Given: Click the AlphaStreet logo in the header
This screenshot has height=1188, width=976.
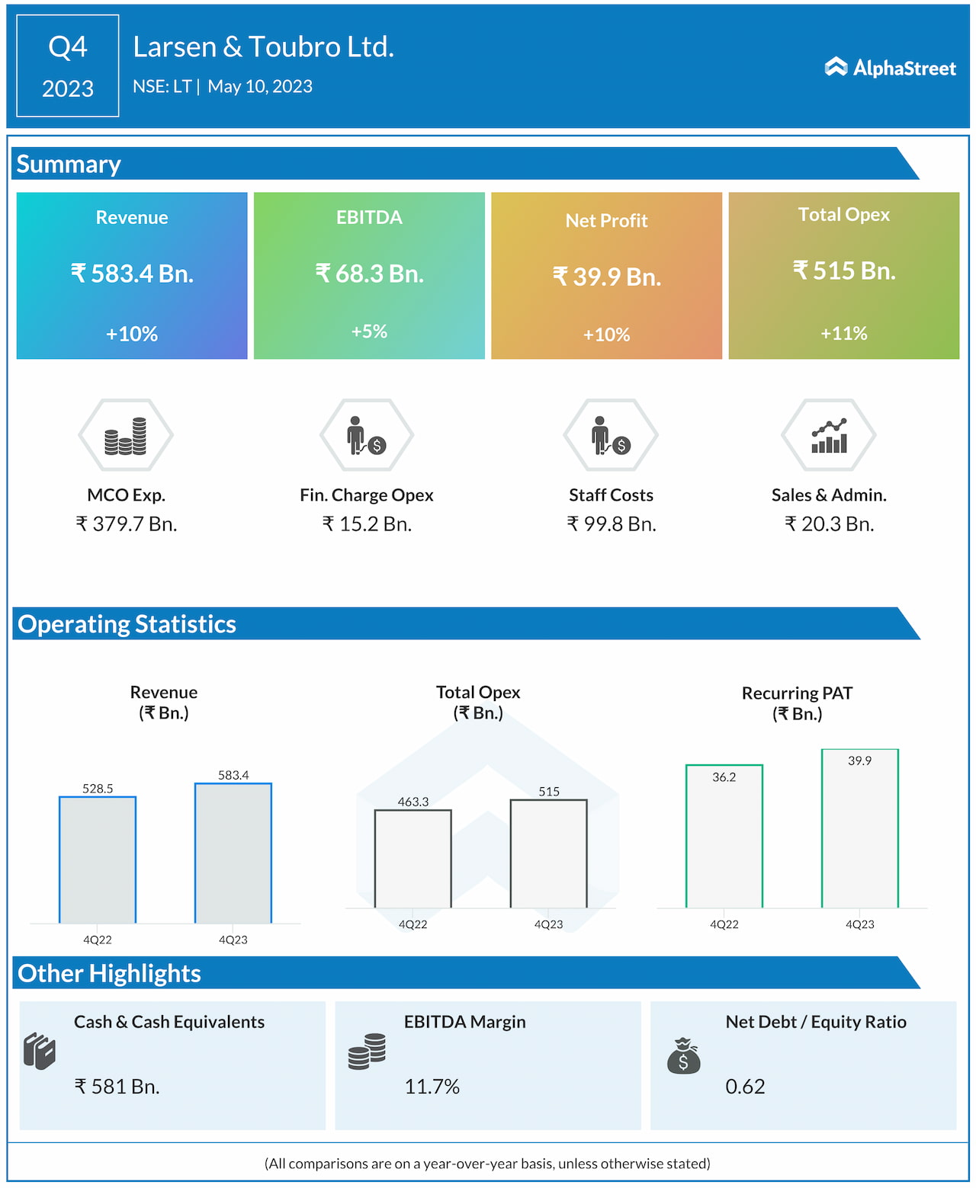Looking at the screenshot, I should (x=890, y=68).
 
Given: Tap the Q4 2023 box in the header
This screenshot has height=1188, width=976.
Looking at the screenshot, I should (x=68, y=66).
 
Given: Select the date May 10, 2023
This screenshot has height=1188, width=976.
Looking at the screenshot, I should (x=260, y=87).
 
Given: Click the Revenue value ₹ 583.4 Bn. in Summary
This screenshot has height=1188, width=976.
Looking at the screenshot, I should (x=132, y=274).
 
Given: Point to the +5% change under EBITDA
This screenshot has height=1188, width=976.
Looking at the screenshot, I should (x=369, y=331).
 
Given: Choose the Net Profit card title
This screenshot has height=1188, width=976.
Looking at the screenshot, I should (x=606, y=221).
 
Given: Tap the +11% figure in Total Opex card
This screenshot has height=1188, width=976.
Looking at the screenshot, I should (x=843, y=333).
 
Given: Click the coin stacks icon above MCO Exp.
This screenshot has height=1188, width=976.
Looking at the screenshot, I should (x=126, y=436).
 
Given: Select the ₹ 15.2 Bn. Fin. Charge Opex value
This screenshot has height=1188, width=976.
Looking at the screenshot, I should (x=367, y=524).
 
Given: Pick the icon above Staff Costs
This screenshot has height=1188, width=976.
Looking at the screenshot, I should (x=611, y=436).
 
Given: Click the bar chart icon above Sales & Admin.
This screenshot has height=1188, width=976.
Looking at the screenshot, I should (x=829, y=436).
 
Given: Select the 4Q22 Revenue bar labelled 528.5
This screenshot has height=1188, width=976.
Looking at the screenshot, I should (x=98, y=860).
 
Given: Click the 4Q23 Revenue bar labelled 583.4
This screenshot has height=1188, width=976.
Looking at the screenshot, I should (x=233, y=853).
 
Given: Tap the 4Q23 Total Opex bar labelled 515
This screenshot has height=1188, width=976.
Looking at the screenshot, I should (x=549, y=853).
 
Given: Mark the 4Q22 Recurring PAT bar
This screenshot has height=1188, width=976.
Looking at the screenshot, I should (x=724, y=836).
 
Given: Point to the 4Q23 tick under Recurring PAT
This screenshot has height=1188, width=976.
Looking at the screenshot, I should (x=860, y=924).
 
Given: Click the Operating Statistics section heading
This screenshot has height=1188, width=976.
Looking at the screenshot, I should (x=127, y=624).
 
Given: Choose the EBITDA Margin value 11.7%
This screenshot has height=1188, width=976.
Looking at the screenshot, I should (x=432, y=1087).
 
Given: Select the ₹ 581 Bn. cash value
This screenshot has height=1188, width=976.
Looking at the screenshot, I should (x=117, y=1087).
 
